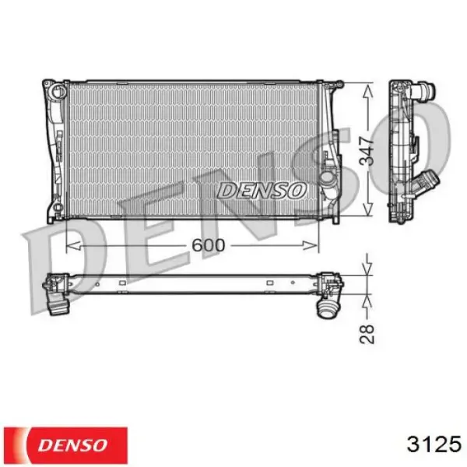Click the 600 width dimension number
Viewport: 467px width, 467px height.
[208, 245]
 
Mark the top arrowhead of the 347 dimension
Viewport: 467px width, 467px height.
[367, 84]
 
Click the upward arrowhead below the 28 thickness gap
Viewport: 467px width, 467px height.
[367, 297]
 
